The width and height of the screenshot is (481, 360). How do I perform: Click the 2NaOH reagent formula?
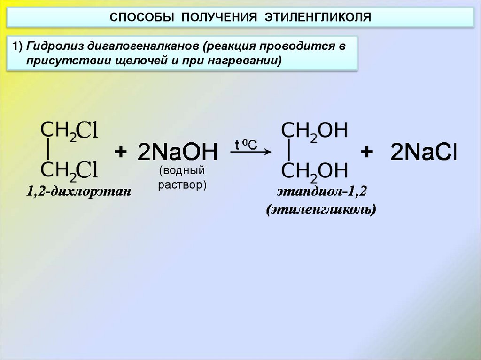click(x=178, y=153)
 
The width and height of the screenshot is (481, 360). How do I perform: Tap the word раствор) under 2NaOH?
click(x=182, y=185)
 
